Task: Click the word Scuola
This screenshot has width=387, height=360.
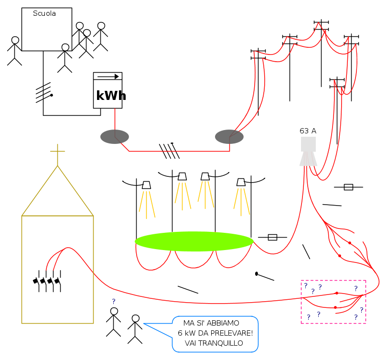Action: tap(44, 13)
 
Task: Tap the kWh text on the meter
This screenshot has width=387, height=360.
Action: tap(111, 95)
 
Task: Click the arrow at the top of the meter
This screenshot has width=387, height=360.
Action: tap(108, 76)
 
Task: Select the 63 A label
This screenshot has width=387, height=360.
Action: tap(308, 131)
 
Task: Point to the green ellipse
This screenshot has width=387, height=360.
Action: tap(194, 241)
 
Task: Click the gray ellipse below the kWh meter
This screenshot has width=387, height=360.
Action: tap(115, 137)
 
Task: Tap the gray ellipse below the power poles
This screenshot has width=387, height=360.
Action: tap(229, 137)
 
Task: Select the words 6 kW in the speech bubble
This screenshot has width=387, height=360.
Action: tap(187, 333)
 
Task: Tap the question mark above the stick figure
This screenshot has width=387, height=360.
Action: tap(114, 301)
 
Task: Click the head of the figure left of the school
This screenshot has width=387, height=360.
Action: tap(15, 40)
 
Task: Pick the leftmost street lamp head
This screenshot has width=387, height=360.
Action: tap(146, 185)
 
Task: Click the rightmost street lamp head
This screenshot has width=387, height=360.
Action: tap(241, 182)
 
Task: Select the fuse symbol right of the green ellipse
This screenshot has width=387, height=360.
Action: tap(272, 237)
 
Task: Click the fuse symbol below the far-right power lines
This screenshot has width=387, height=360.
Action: tap(348, 187)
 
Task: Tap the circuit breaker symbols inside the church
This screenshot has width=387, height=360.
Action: tap(47, 281)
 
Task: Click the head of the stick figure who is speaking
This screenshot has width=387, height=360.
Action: tap(136, 318)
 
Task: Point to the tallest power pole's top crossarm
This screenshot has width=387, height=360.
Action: tap(322, 22)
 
